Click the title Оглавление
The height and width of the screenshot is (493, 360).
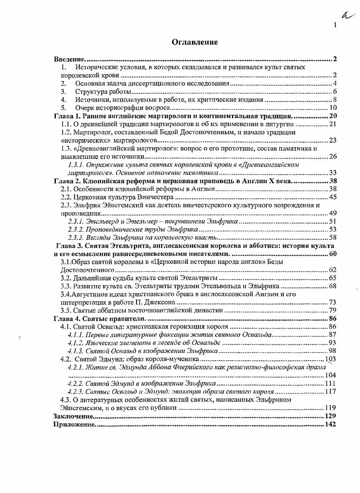click(195, 42)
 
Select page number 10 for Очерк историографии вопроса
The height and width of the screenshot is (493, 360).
click(333, 108)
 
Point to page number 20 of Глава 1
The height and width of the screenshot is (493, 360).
click(333, 116)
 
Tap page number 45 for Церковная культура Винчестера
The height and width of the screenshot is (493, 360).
click(333, 197)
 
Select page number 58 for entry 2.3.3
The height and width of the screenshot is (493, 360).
click(333, 237)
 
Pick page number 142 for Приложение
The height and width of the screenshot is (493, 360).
click(331, 425)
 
